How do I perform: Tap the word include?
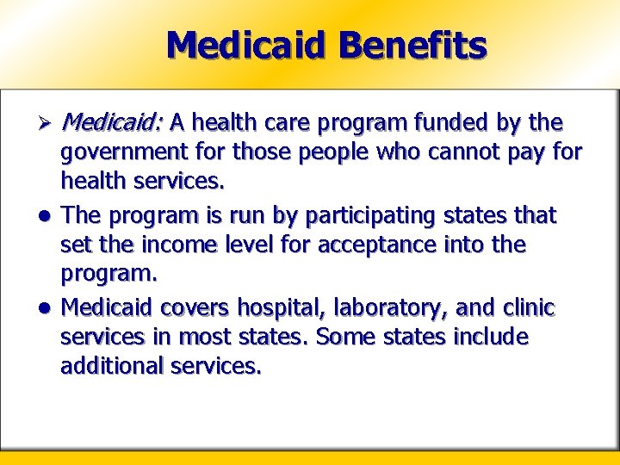pyautogui.click(x=490, y=336)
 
